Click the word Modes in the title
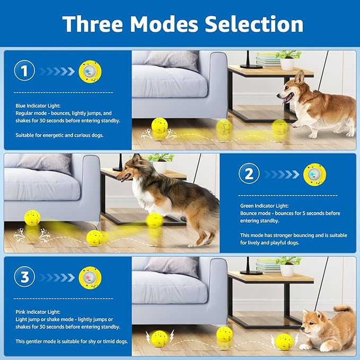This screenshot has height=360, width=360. [165, 24]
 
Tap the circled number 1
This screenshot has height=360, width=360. [24, 71]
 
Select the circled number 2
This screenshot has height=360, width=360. [249, 173]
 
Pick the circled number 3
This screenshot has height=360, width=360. [24, 277]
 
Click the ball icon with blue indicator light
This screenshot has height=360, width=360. [90, 71]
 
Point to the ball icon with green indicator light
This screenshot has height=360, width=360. [314, 174]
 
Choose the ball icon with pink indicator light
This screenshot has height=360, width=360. [90, 277]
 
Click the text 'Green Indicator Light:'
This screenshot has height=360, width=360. [265, 206]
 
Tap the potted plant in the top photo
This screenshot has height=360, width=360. [288, 60]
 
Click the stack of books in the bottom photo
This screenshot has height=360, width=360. [268, 266]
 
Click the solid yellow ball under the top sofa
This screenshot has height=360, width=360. [159, 125]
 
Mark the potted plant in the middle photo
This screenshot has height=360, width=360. [161, 162]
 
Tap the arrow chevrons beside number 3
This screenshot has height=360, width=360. [56, 277]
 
